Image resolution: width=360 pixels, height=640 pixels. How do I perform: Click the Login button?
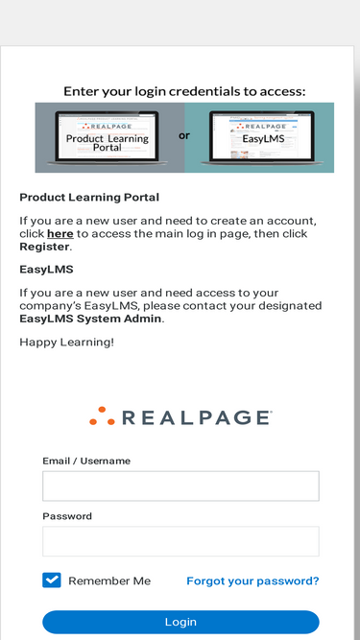(180, 622)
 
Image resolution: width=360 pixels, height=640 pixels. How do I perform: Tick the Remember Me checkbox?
(52, 581)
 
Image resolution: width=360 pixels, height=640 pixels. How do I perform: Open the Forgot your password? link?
(252, 581)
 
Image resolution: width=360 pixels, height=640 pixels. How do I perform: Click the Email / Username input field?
(180, 486)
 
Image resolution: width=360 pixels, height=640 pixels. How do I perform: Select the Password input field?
(180, 541)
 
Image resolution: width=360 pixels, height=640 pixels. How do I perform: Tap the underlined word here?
(60, 233)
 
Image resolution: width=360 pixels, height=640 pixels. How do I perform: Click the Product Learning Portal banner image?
(107, 137)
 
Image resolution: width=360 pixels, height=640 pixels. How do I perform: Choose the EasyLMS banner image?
(258, 137)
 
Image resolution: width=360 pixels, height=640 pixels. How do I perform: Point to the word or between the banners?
(184, 135)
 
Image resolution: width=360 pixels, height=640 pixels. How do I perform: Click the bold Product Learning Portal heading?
(89, 198)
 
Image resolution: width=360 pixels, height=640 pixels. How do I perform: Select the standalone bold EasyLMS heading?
(46, 270)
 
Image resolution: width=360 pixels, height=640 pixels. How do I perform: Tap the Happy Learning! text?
(66, 342)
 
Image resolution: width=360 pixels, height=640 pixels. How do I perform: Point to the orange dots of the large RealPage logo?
(102, 416)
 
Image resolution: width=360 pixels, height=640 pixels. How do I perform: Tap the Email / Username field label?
(86, 461)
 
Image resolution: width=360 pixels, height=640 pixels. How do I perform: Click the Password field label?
(67, 516)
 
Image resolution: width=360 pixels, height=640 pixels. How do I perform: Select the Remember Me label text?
(109, 581)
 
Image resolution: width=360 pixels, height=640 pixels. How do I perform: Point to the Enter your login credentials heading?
(184, 91)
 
